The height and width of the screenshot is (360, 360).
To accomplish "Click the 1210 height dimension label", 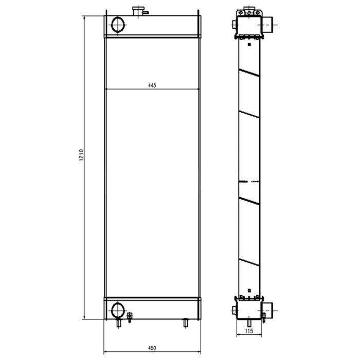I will tap(81, 157).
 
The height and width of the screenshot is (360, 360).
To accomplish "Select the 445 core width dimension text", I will tap(152, 85).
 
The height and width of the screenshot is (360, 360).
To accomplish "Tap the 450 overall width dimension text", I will tap(152, 348).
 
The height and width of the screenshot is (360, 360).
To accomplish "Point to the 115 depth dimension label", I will tap(248, 331).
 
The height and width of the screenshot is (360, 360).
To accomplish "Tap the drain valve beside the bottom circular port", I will tap(129, 317).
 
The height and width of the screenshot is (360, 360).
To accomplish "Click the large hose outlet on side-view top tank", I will tap(267, 23).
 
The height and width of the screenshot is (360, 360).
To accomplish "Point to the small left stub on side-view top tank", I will tap(234, 24).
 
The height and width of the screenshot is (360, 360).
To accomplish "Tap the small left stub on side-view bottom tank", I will tap(234, 310).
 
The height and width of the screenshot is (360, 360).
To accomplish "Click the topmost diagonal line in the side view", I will tap(249, 72).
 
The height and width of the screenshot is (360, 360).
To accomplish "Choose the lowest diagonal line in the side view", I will tap(249, 262).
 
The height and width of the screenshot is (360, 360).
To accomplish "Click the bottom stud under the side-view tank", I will tap(248, 322).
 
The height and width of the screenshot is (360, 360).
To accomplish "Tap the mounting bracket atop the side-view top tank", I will tap(248, 10).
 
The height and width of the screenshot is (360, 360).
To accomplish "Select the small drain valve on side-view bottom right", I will tap(263, 316).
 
